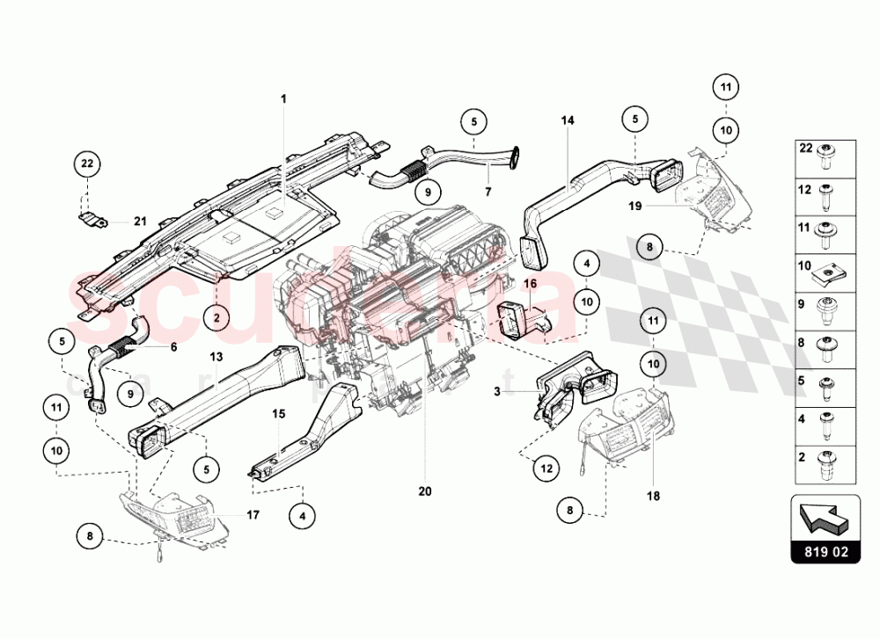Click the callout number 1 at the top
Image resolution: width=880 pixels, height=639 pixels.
tap(284, 99)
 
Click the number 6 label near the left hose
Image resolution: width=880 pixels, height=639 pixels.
tap(173, 347)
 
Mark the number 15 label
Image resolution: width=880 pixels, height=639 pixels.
tap(278, 412)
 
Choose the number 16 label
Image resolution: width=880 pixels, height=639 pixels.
tap(531, 284)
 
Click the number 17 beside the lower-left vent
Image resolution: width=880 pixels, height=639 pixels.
tap(252, 515)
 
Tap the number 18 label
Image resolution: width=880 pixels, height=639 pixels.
tap(653, 496)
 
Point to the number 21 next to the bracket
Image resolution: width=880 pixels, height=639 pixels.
tap(138, 221)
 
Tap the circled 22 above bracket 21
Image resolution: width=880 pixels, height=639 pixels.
tap(86, 163)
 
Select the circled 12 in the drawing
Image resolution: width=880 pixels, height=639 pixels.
tap(546, 469)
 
